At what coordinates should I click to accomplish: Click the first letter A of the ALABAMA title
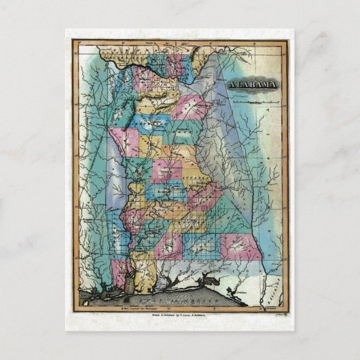[228, 85]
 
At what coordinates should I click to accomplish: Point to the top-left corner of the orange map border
[72, 40]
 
